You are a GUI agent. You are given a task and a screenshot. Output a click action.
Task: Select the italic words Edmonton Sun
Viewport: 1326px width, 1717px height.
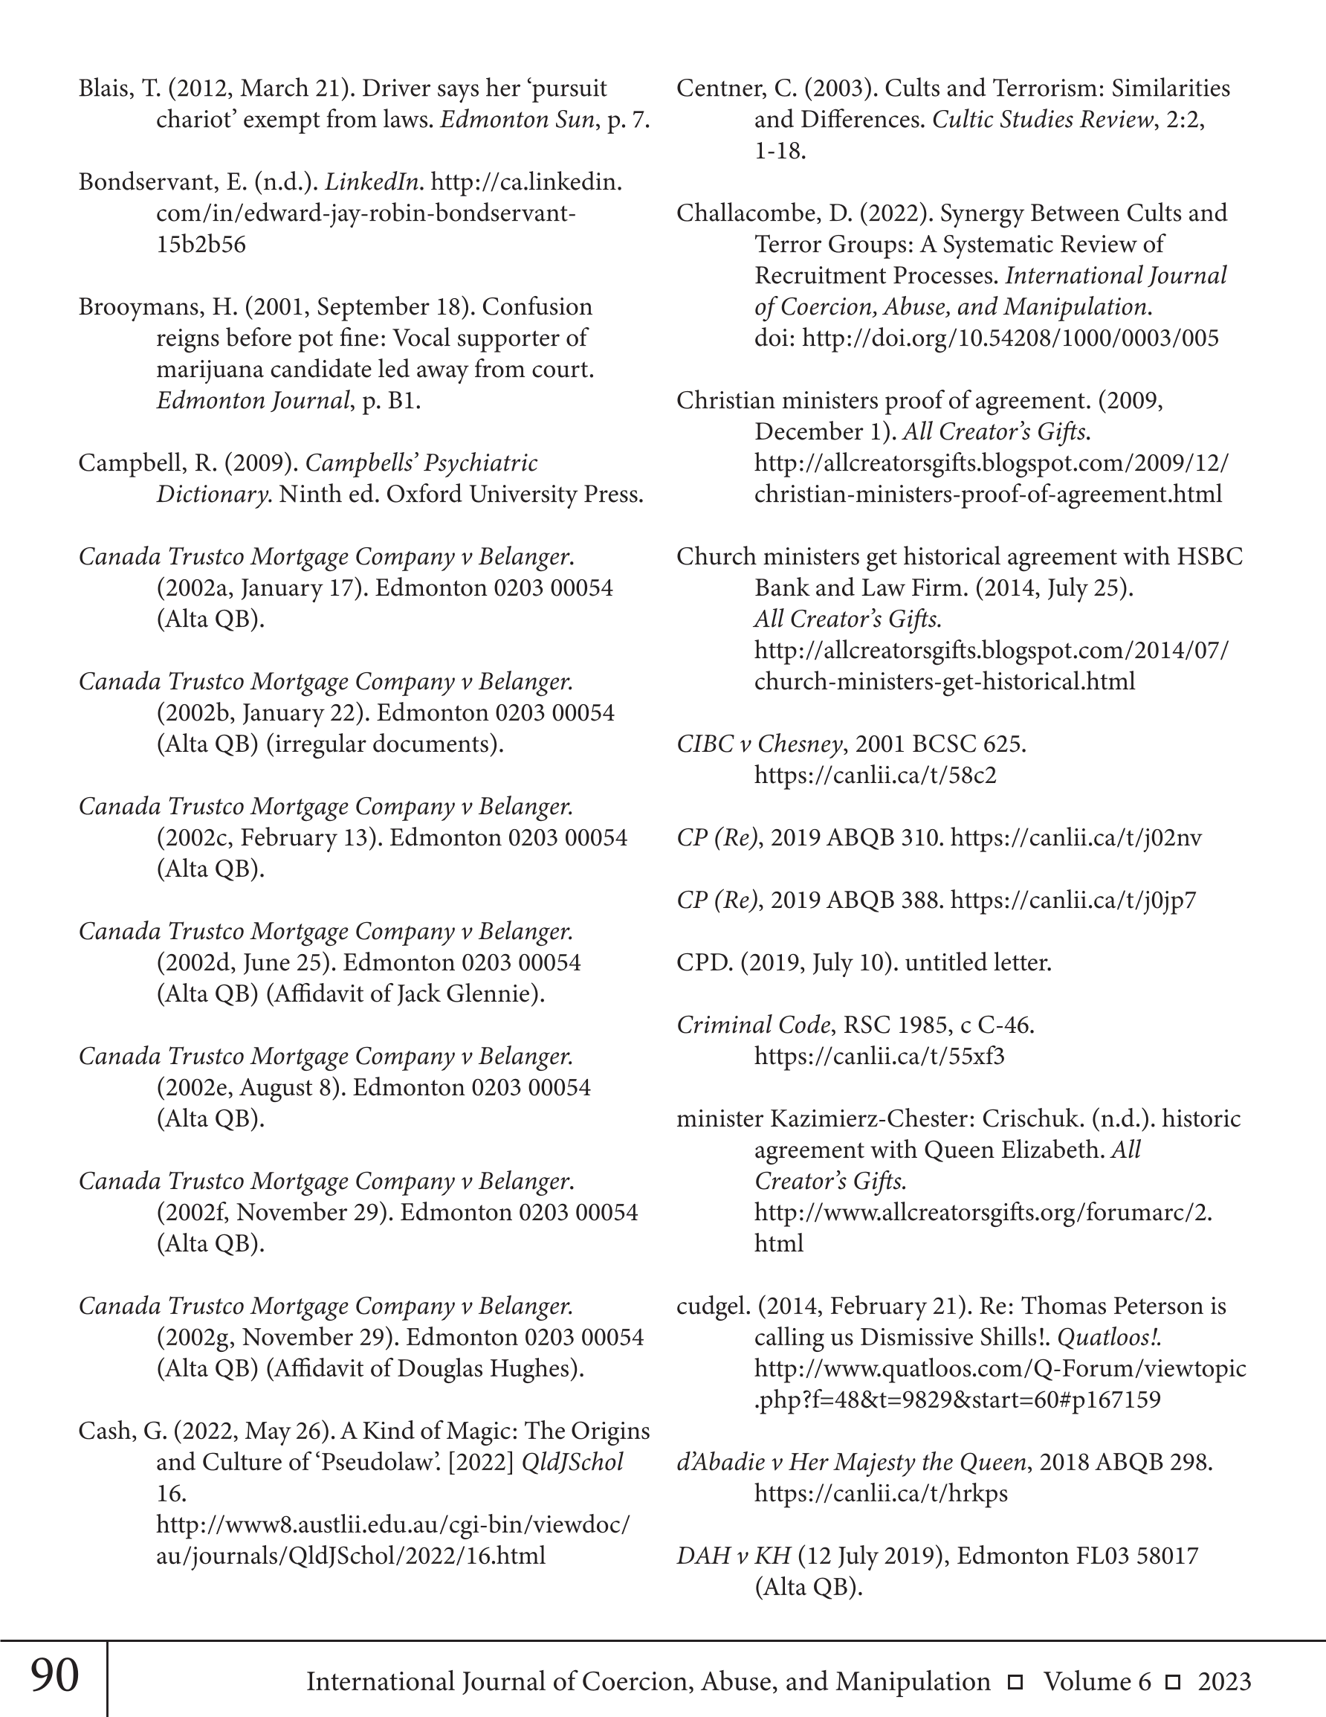[x=517, y=120]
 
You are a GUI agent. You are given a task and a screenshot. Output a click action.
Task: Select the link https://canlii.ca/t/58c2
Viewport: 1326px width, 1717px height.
[x=875, y=775]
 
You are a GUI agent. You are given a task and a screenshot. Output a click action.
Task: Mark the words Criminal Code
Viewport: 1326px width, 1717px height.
[x=753, y=1025]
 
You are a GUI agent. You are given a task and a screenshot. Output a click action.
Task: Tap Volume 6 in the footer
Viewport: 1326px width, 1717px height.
[x=1097, y=1681]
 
